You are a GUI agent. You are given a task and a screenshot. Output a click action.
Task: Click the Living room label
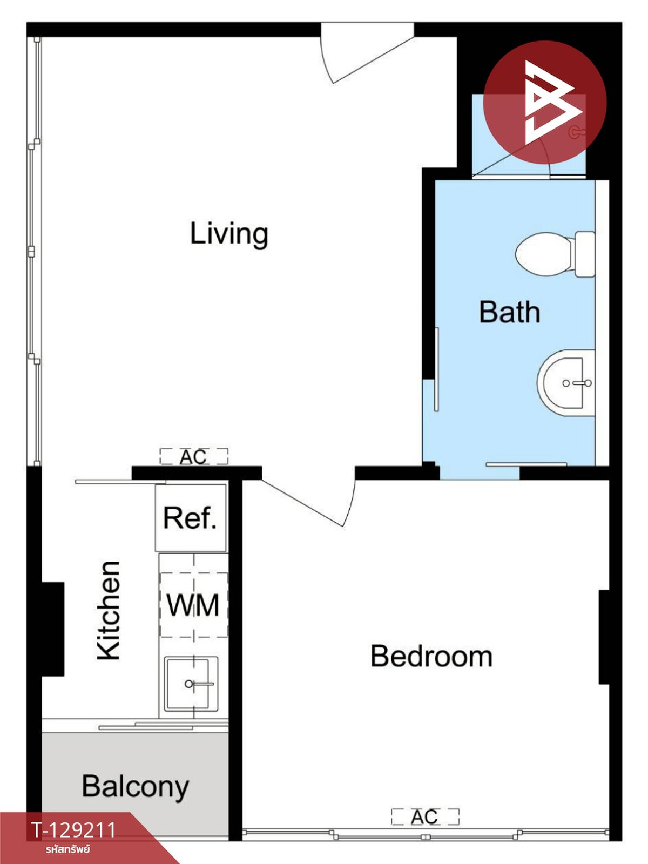click(x=229, y=234)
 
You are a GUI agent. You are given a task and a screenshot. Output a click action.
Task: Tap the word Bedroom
click(x=431, y=656)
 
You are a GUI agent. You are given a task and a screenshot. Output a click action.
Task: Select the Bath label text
click(x=510, y=312)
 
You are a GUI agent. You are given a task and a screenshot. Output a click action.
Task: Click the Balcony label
click(x=136, y=787)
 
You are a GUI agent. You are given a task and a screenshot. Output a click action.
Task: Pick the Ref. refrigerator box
click(x=191, y=518)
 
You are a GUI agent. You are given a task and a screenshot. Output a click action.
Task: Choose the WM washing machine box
click(x=193, y=605)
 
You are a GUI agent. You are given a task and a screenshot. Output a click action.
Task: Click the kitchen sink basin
click(x=191, y=684)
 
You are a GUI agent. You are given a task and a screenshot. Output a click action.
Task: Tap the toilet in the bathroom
click(x=555, y=254)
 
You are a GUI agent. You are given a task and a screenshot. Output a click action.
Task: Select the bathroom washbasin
click(x=566, y=383)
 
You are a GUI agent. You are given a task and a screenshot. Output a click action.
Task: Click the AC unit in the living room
click(x=193, y=457)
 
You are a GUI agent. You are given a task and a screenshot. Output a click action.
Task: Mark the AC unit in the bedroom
click(x=425, y=818)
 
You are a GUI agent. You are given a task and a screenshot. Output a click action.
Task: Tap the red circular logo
click(x=545, y=103)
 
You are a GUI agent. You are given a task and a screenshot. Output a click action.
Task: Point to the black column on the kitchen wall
click(x=53, y=629)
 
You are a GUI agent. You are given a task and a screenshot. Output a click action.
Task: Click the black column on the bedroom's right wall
click(x=604, y=637)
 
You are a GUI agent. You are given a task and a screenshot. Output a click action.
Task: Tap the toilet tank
click(x=585, y=254)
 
